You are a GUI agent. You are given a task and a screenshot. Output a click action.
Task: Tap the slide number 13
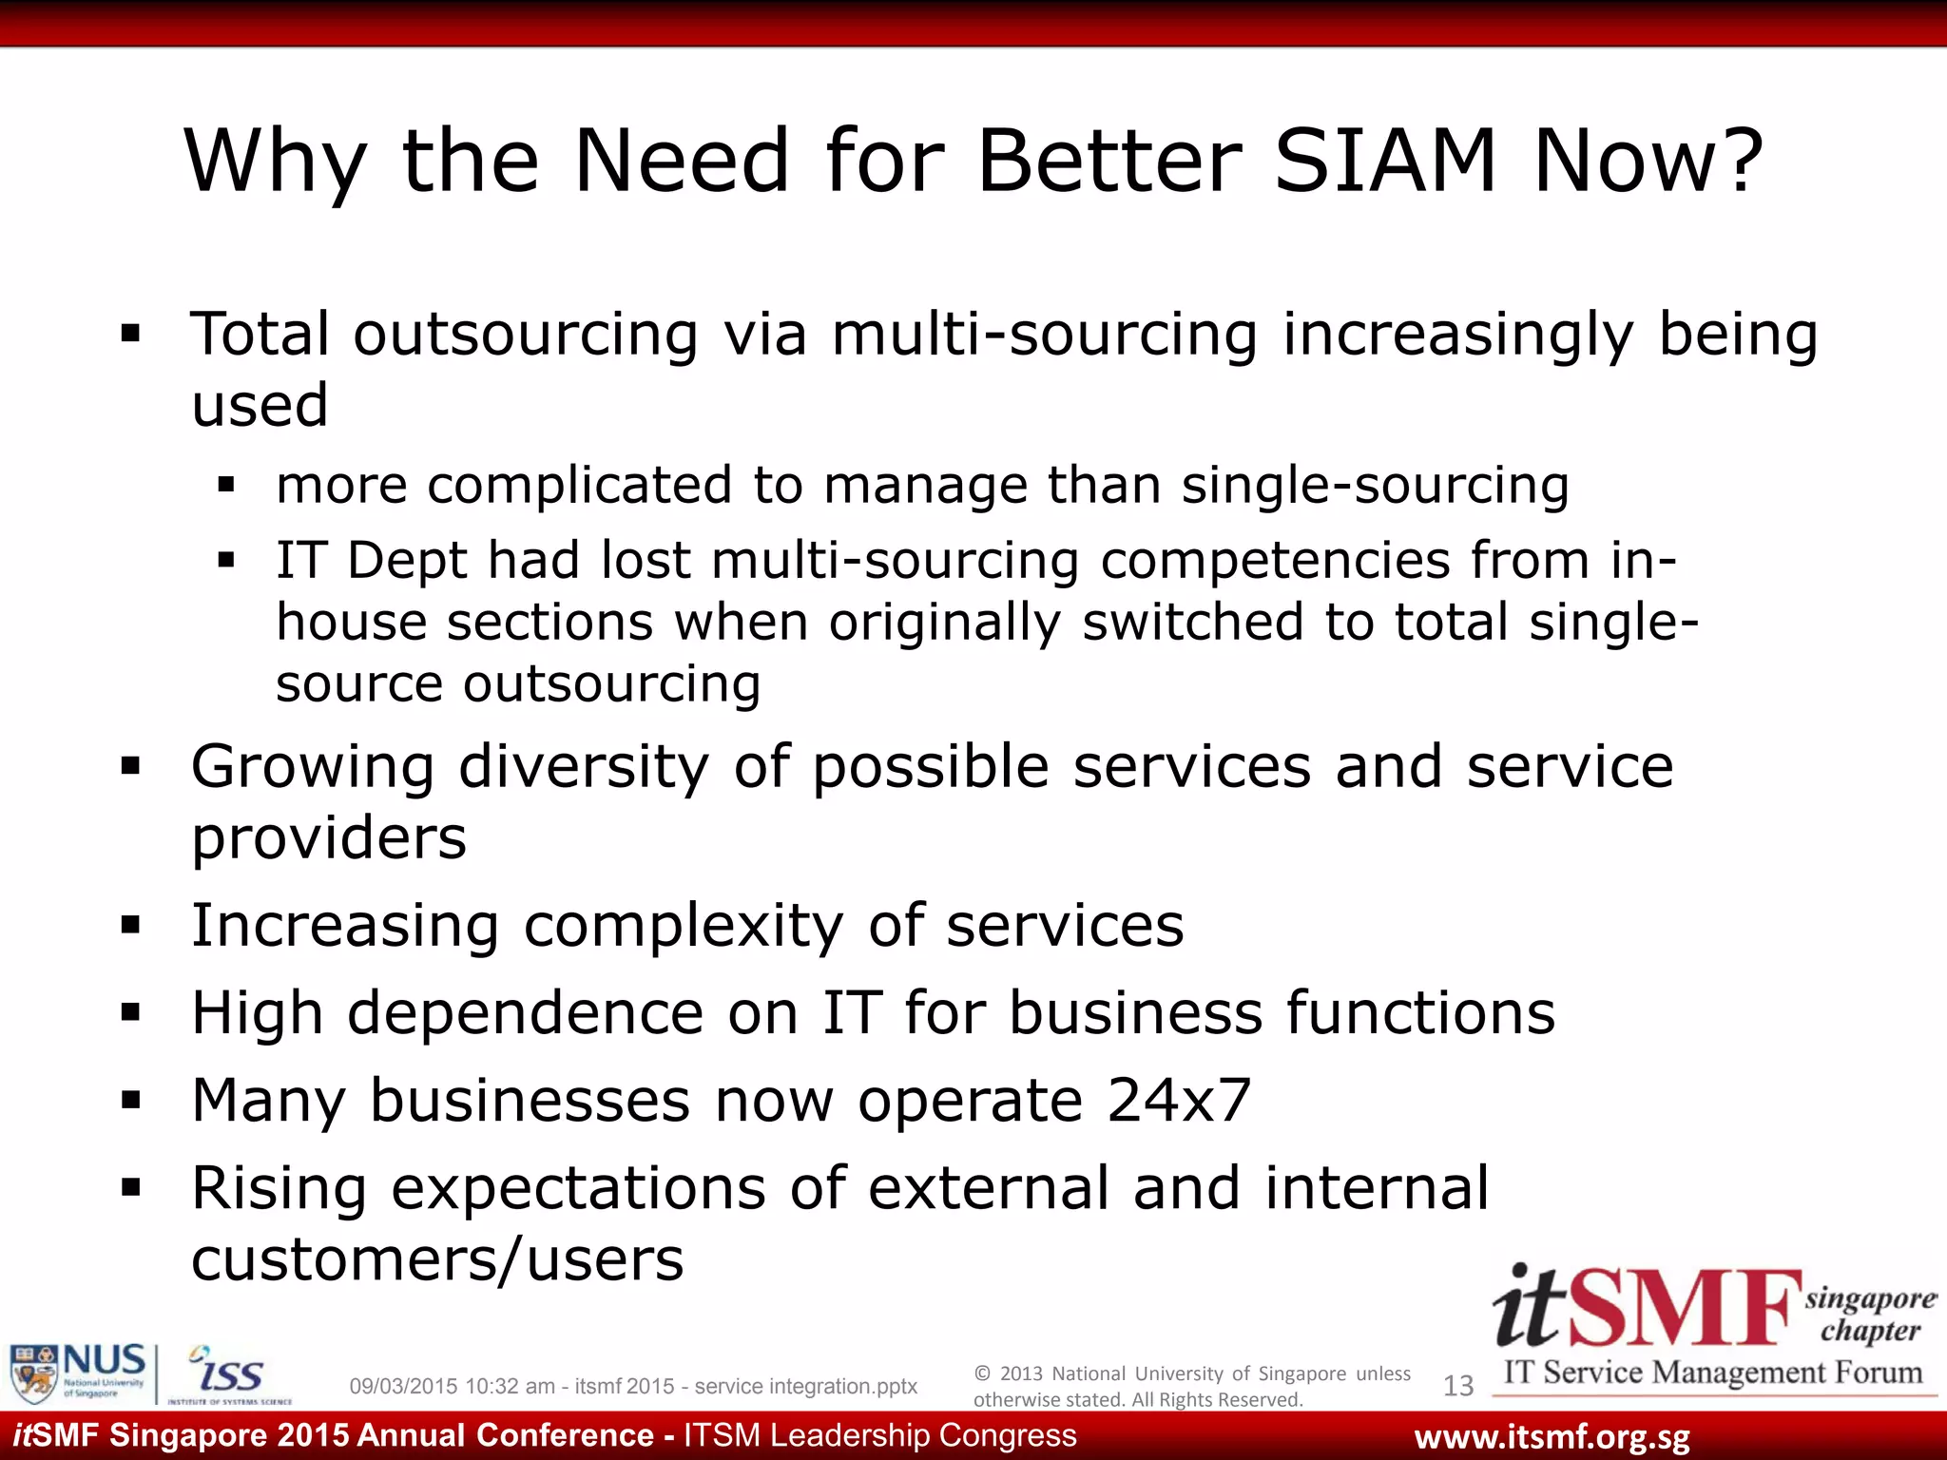click(1458, 1386)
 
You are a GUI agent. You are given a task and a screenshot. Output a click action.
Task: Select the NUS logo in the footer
click(78, 1373)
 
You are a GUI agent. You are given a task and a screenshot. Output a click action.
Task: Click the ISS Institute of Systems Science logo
click(229, 1374)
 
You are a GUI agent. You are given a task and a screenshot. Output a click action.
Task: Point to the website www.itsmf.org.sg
click(1552, 1436)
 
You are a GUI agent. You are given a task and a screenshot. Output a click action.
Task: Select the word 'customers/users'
click(437, 1259)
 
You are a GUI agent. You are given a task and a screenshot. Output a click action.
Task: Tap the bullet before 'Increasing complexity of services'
click(131, 925)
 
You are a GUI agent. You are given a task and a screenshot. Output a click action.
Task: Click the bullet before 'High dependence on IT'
click(131, 1012)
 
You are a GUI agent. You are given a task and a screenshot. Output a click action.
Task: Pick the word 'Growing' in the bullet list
click(312, 767)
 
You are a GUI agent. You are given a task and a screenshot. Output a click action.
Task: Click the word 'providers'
click(329, 837)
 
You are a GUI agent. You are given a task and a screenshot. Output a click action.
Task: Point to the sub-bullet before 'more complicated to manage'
click(225, 486)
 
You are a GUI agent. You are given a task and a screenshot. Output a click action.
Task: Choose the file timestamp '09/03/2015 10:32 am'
click(452, 1387)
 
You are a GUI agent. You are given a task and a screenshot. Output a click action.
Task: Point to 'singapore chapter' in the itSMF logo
click(1870, 1315)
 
